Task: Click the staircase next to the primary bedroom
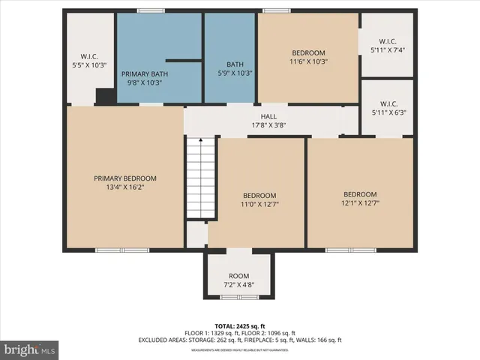tap(200, 178)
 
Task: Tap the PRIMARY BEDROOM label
tap(125, 178)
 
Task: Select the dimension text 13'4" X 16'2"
tap(125, 187)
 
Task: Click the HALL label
tap(268, 116)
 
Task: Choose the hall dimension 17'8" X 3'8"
tap(268, 125)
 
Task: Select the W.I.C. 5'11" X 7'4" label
tap(388, 46)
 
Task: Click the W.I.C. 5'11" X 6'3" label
tap(388, 108)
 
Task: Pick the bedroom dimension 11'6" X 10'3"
tap(308, 61)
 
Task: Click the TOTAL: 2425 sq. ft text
tap(239, 324)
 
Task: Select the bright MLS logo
tap(30, 349)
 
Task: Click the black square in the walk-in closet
tap(106, 97)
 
